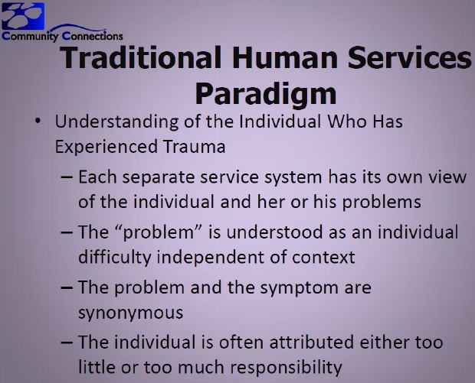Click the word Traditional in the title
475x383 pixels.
(x=140, y=57)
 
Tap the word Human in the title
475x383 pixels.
(x=285, y=57)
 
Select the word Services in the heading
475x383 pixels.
(x=409, y=57)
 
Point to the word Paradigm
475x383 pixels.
(x=266, y=93)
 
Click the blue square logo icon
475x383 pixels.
(x=23, y=16)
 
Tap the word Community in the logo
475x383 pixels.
(x=30, y=36)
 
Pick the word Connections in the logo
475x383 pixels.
(x=93, y=36)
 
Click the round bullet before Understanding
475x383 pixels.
(x=38, y=122)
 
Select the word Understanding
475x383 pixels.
(x=116, y=122)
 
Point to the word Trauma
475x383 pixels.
(x=194, y=147)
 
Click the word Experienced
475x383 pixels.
(x=106, y=148)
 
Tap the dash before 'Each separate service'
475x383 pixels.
(x=67, y=177)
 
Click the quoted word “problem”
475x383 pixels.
(x=159, y=233)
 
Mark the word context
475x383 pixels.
(x=323, y=258)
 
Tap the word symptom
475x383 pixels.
(x=299, y=288)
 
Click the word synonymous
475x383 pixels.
(x=130, y=313)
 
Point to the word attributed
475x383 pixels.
(x=311, y=342)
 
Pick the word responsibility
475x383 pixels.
(x=286, y=368)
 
